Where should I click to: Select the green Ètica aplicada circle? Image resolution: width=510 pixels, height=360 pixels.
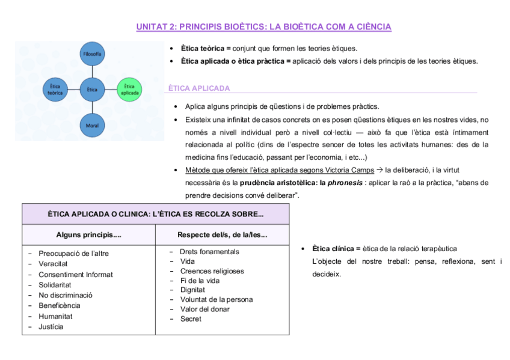coord(130,89)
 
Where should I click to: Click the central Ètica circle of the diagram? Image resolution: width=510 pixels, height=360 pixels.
coord(91,89)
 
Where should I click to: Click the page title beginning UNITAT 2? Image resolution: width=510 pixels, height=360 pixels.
coord(263,27)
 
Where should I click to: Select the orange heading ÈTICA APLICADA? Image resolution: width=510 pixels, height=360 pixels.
coord(199,88)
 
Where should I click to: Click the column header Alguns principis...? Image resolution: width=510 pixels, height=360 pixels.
coord(88,234)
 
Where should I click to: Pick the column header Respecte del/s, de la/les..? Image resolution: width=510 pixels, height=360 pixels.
coord(222,234)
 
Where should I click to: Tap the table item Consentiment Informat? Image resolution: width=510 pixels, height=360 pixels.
coord(76,275)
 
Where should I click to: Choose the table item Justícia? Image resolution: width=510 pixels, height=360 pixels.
coord(51,327)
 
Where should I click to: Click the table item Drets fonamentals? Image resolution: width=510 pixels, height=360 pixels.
coord(209,252)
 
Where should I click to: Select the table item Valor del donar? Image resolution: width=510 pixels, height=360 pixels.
coord(204,309)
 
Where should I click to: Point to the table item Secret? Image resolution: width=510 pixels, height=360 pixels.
coord(191,319)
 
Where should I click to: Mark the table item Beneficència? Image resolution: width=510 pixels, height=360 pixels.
coord(60,306)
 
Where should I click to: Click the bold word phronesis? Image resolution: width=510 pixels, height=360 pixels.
coord(346,182)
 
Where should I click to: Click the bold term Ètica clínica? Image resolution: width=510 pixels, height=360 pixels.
coord(333,248)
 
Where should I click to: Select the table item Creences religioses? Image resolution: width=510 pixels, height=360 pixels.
coord(212,271)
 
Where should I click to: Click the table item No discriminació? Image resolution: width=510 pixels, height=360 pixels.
coord(66,295)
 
